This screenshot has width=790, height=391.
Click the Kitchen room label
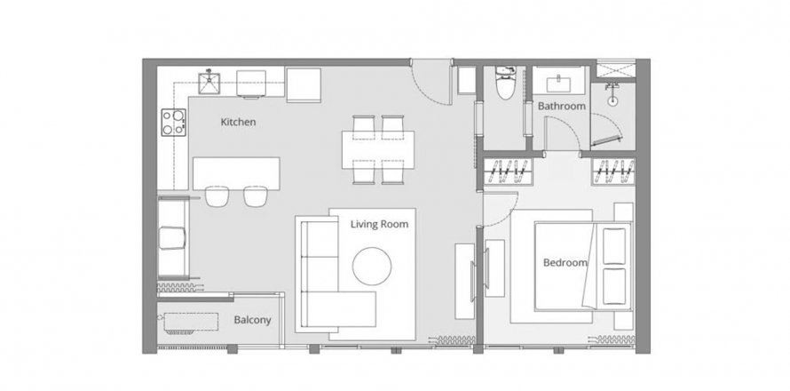[x=238, y=122]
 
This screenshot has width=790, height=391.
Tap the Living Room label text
[x=379, y=224]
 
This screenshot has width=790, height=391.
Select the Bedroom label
[x=565, y=263]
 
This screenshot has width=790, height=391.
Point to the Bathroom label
[x=562, y=107]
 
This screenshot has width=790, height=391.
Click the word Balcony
[x=252, y=320]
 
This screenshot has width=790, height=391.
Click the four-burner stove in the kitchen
[x=173, y=122]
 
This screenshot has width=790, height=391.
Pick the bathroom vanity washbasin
[x=560, y=83]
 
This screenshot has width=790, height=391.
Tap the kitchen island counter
[x=236, y=172]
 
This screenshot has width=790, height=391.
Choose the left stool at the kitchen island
[x=217, y=195]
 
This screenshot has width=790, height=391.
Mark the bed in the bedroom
[x=568, y=264]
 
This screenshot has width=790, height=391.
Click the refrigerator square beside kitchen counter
[x=304, y=84]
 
